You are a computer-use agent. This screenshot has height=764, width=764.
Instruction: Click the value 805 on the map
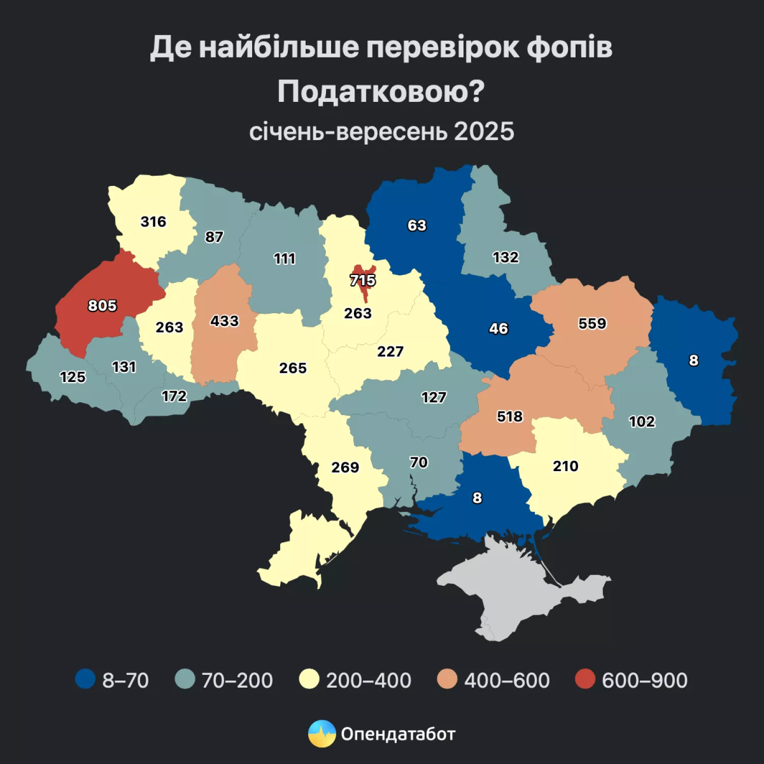tap(102, 306)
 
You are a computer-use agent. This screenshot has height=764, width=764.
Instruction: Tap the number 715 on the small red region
tap(363, 280)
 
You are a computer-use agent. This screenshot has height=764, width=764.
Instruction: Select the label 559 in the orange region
tap(592, 323)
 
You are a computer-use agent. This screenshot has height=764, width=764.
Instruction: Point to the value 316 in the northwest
tap(153, 222)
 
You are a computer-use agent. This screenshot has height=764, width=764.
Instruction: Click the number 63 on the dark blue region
tap(417, 225)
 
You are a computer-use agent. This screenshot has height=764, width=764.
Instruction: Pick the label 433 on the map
tap(225, 321)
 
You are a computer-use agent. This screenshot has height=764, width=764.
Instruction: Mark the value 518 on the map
tap(510, 417)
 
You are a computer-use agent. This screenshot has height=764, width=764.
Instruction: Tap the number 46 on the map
tap(499, 329)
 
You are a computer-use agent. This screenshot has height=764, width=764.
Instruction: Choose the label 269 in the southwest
tap(345, 467)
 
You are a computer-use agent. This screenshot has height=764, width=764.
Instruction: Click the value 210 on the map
tap(566, 466)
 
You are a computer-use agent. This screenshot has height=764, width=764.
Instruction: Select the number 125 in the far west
tap(73, 377)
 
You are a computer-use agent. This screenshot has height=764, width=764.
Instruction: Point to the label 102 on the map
tap(642, 421)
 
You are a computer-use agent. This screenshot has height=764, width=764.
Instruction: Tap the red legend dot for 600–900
tap(585, 679)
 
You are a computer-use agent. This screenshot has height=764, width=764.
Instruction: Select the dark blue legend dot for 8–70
tap(86, 679)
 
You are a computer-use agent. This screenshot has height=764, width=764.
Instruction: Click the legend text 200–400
tap(368, 680)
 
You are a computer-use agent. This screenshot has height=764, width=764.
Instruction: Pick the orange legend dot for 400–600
tap(447, 679)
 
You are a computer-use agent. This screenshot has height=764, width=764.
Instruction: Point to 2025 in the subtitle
tap(484, 131)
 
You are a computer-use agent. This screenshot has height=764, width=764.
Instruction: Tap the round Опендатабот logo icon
tap(322, 733)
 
